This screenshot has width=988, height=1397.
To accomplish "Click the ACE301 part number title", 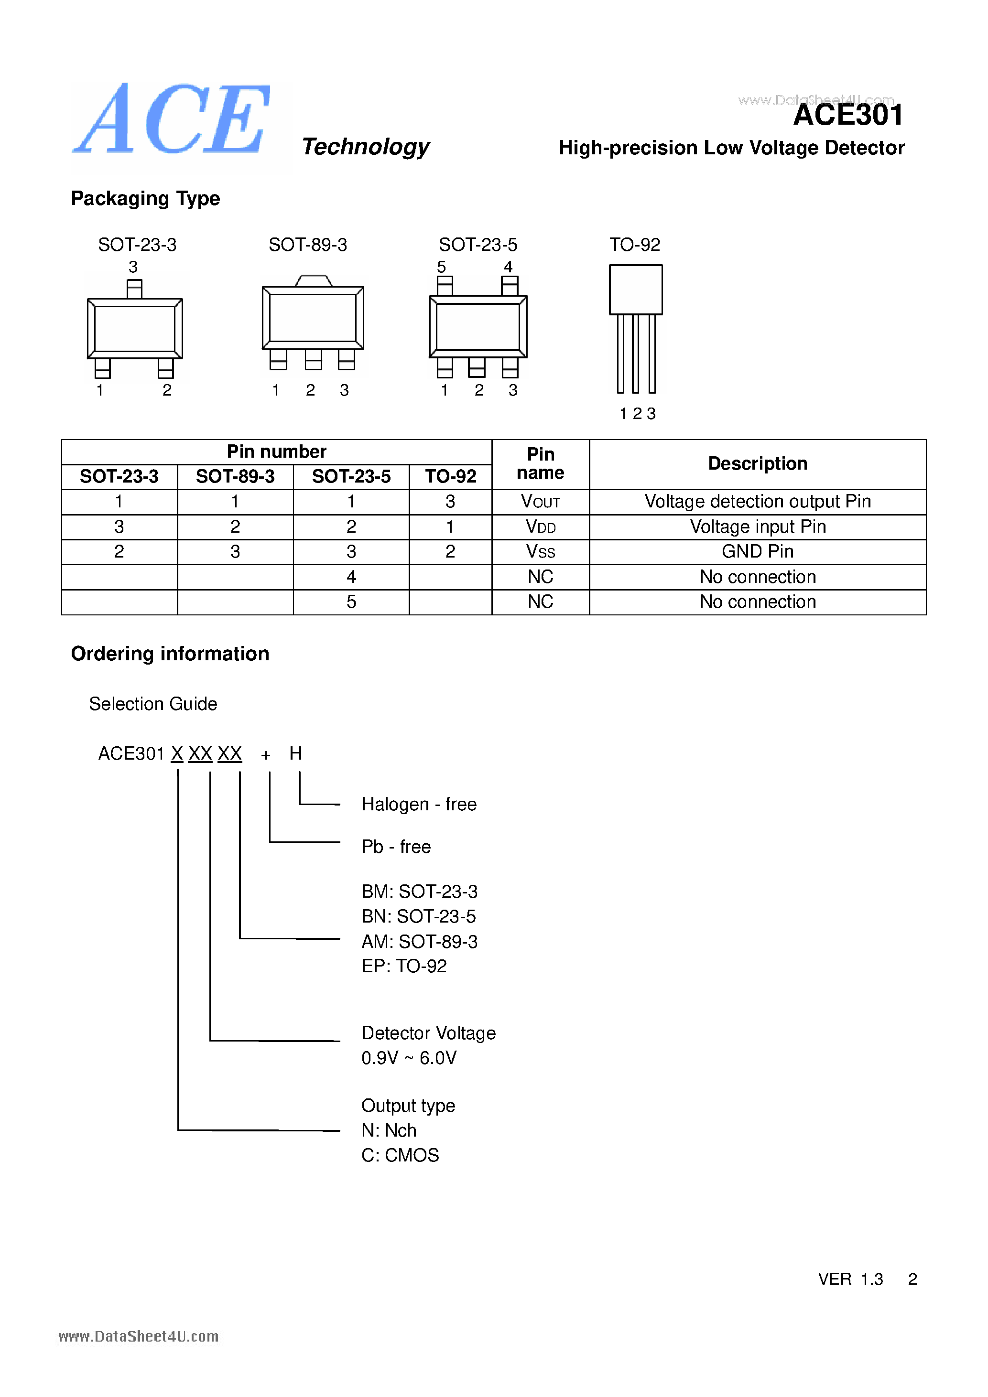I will pyautogui.click(x=848, y=115).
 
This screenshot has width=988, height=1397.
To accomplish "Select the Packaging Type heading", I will pyautogui.click(x=145, y=198).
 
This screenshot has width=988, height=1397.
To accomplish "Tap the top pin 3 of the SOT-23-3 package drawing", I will pyautogui.click(x=134, y=289).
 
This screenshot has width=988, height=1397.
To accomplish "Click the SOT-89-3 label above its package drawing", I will pyautogui.click(x=307, y=245).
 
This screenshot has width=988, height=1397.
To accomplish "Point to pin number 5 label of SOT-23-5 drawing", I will pyautogui.click(x=441, y=267).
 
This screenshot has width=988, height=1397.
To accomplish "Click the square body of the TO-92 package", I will pyautogui.click(x=636, y=290).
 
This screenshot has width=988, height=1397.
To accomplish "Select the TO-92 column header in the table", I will pyautogui.click(x=450, y=476).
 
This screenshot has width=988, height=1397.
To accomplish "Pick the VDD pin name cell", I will pyautogui.click(x=540, y=527).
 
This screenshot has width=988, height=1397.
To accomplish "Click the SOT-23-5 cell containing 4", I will pyautogui.click(x=351, y=577).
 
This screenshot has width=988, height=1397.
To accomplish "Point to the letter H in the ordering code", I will pyautogui.click(x=296, y=753).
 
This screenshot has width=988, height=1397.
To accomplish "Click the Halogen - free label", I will pyautogui.click(x=419, y=805).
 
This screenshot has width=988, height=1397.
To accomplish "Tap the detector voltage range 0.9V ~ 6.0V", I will pyautogui.click(x=409, y=1058).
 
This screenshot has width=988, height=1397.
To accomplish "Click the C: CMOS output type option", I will pyautogui.click(x=400, y=1155).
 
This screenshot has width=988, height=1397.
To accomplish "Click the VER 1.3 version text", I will pyautogui.click(x=850, y=1279).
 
